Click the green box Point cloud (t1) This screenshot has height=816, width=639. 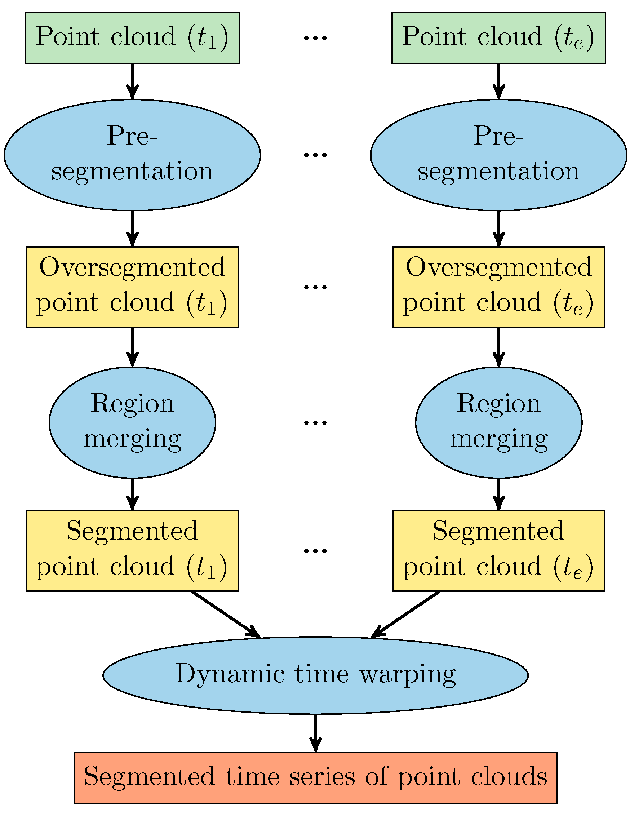click(x=132, y=38)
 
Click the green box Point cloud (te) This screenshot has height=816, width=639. click(x=498, y=38)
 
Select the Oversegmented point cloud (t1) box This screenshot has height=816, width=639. click(x=132, y=287)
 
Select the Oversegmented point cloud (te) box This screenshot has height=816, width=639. click(x=498, y=287)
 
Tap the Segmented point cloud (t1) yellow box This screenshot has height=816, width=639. click(x=132, y=551)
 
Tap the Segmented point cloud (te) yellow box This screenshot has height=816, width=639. click(x=498, y=551)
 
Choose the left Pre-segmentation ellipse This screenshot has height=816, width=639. click(x=132, y=155)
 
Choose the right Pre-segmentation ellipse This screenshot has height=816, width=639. click(x=498, y=155)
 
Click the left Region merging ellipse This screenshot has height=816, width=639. click(x=132, y=422)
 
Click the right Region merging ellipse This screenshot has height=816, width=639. click(x=498, y=422)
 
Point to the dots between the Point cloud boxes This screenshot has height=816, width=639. click(x=315, y=38)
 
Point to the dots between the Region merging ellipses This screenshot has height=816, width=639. click(x=315, y=423)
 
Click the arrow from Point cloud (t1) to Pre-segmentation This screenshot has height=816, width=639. click(x=132, y=80)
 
